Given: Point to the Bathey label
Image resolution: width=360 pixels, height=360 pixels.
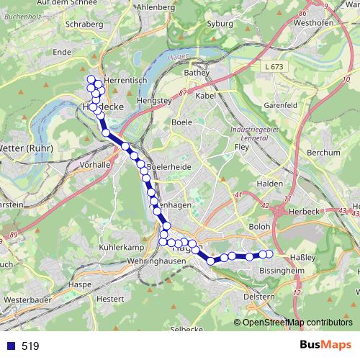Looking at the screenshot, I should (196, 73).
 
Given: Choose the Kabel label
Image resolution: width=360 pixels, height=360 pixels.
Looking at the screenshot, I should (206, 95).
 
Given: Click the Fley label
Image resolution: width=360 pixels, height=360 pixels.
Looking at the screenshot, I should (241, 148).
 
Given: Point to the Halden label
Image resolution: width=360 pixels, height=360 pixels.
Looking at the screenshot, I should (270, 184).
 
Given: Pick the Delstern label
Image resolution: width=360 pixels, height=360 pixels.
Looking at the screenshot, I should (259, 296).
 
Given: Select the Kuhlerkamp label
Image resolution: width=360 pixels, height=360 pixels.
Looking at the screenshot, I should (117, 247).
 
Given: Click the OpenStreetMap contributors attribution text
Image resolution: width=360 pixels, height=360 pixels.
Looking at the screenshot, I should (297, 322).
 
